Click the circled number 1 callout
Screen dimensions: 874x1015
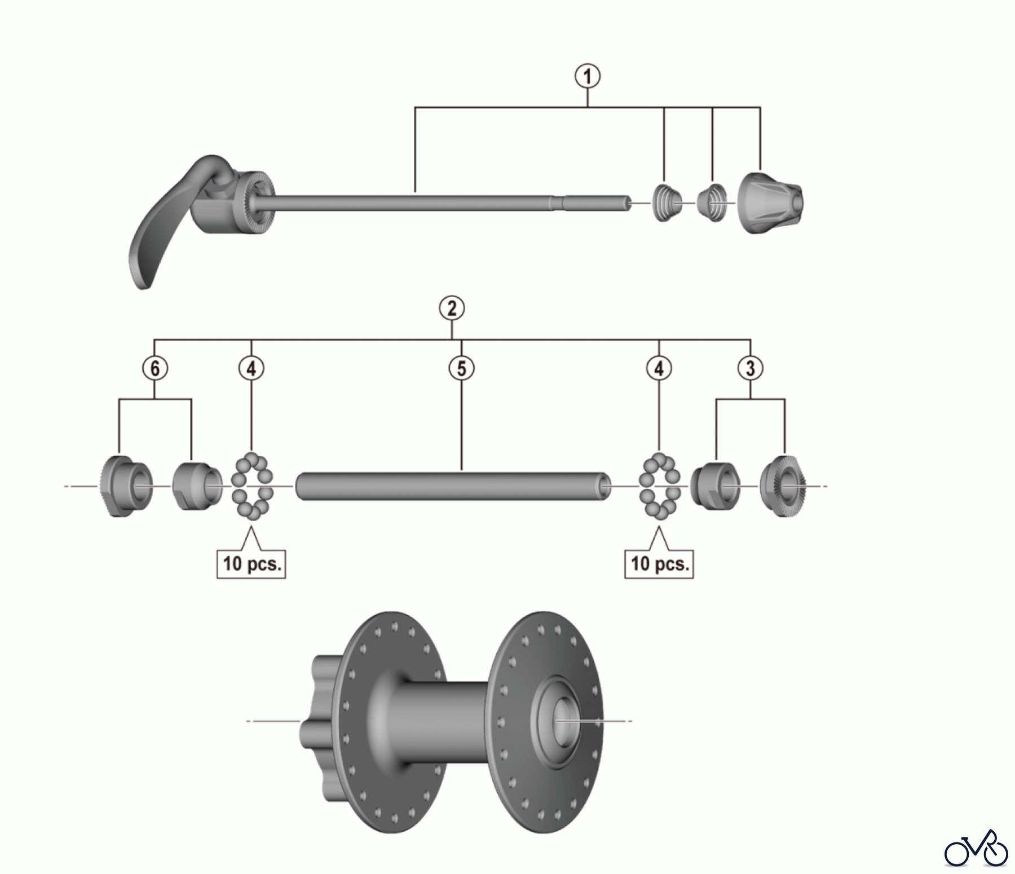588,76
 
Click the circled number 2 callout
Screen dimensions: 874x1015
452,308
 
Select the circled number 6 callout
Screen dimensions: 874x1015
155,368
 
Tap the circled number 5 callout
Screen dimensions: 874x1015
461,368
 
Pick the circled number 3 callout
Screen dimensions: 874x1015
750,368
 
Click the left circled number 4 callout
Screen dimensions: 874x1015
251,368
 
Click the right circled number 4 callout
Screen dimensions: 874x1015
659,368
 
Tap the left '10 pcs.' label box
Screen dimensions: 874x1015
251,563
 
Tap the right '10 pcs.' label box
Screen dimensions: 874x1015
659,563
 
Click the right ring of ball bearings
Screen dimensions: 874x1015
659,485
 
